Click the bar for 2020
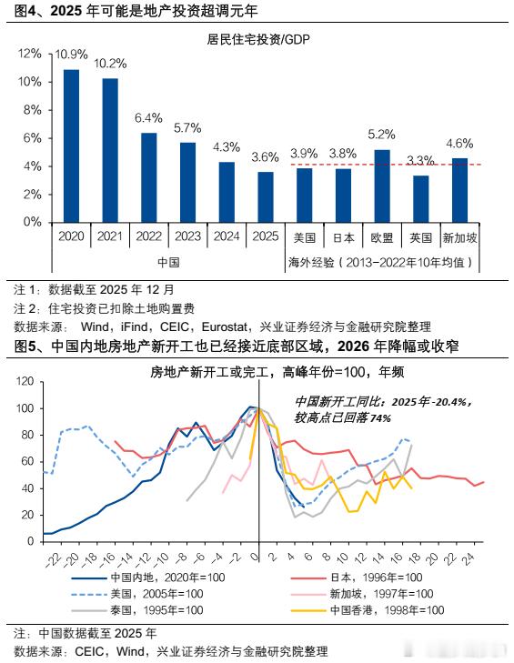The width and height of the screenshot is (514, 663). tap(70, 146)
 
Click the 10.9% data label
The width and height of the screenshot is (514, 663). tap(71, 55)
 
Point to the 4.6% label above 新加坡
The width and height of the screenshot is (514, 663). tap(459, 143)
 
